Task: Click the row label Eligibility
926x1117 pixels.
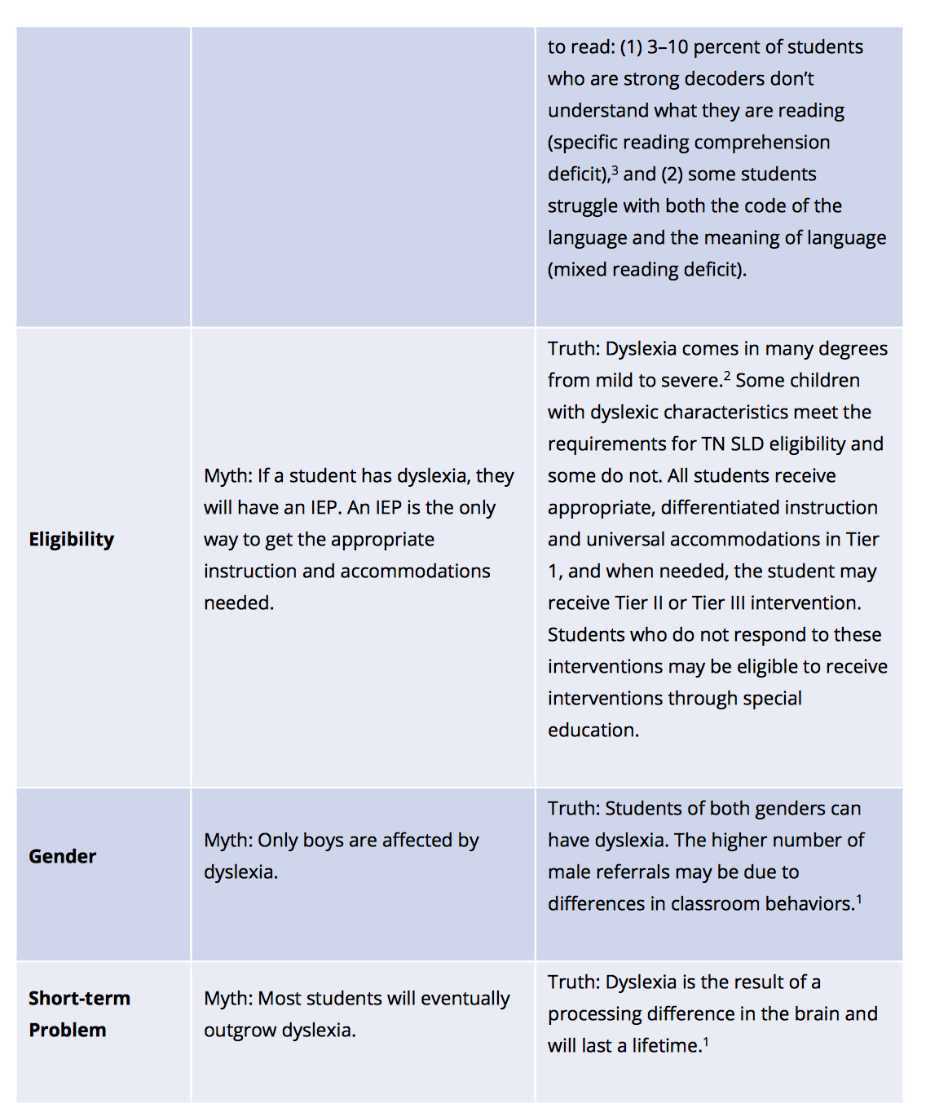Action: [x=71, y=540]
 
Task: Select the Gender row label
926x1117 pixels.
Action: [x=62, y=857]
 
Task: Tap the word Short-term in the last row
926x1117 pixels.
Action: [x=79, y=999]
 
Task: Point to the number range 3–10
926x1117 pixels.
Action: [x=667, y=47]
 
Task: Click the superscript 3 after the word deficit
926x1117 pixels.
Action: [x=615, y=170]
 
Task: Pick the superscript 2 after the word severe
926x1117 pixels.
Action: [x=727, y=376]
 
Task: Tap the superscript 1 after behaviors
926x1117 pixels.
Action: [x=859, y=899]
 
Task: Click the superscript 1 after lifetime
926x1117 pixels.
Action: [x=706, y=1041]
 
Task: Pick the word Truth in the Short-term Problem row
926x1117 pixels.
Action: [x=573, y=982]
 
